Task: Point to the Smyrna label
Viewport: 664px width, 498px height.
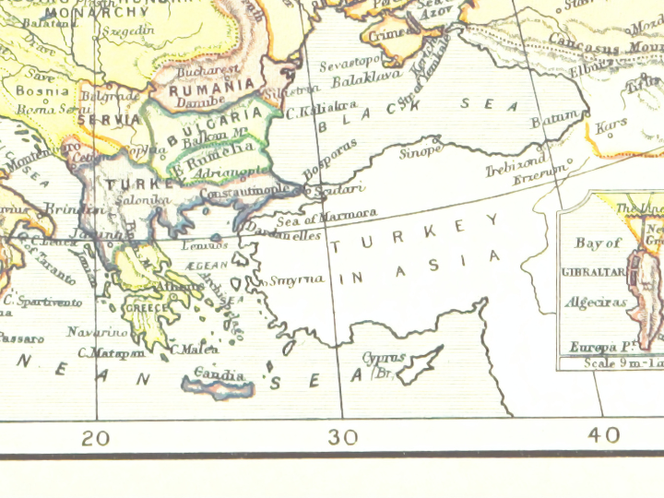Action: (x=297, y=279)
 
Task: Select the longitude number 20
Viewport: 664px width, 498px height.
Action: (x=95, y=437)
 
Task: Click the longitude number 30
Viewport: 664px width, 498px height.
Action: (x=343, y=437)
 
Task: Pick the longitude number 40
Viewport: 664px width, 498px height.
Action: (x=605, y=435)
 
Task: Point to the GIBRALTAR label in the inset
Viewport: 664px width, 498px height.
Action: (x=594, y=273)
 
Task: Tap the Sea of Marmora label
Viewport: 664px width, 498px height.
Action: (x=326, y=216)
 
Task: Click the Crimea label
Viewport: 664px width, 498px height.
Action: (x=385, y=34)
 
